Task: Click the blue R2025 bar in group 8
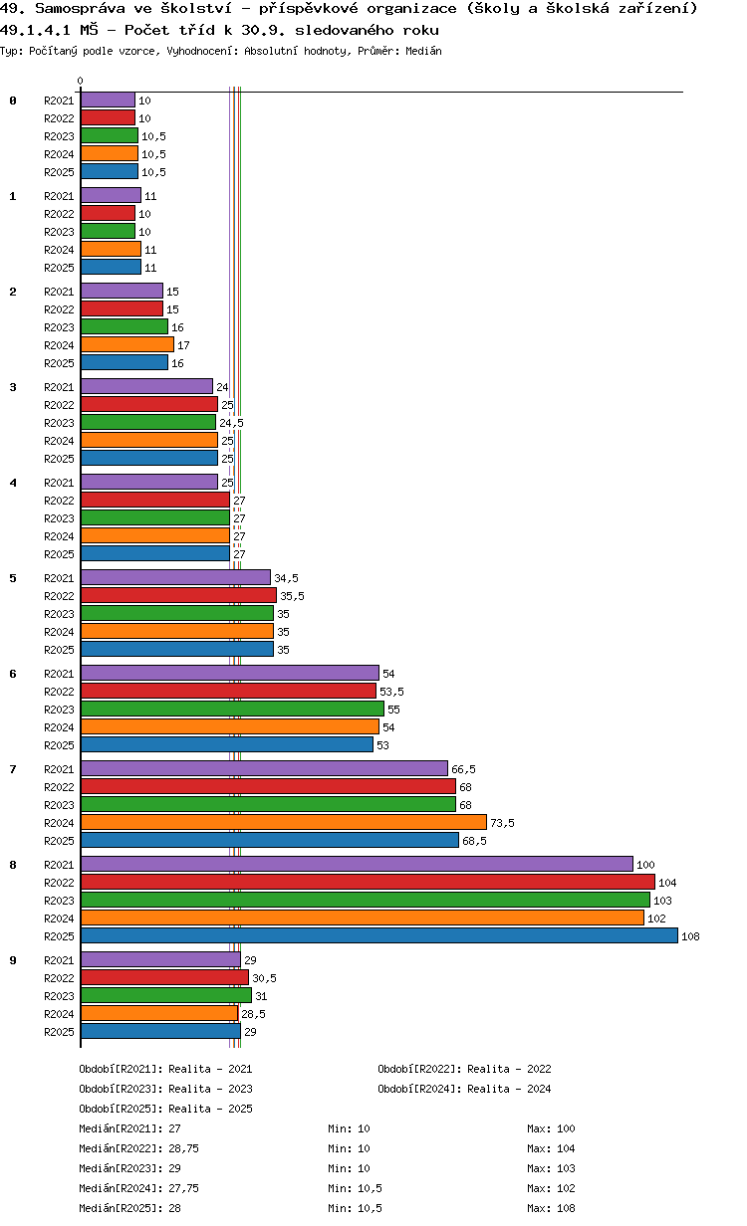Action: [378, 935]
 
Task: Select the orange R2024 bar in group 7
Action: [284, 822]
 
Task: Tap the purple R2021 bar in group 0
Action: [108, 100]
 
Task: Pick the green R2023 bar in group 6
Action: [232, 709]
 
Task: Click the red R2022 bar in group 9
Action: [164, 977]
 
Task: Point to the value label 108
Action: [691, 936]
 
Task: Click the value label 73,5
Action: [502, 823]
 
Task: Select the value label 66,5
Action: [463, 769]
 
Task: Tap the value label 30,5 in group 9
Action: [264, 978]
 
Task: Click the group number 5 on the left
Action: [13, 578]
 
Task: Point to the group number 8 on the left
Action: [13, 865]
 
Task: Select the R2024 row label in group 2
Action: [59, 345]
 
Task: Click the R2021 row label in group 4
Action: [59, 483]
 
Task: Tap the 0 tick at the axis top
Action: [81, 82]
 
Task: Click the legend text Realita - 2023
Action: [210, 1089]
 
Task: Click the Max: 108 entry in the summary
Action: [551, 1208]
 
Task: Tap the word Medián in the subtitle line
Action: [424, 50]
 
